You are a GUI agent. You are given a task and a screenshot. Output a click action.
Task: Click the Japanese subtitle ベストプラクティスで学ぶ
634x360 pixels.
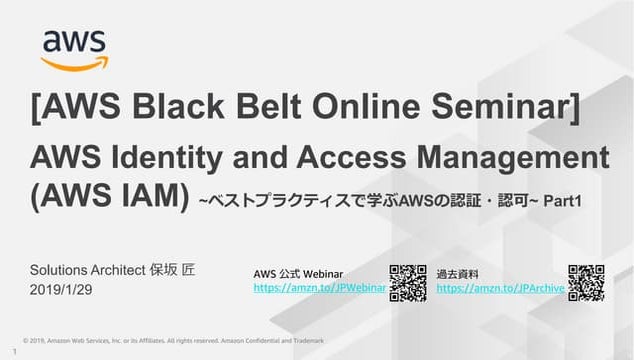pyautogui.click(x=301, y=202)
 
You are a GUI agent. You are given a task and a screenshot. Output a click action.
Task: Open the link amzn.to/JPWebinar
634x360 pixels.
pyautogui.click(x=320, y=288)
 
